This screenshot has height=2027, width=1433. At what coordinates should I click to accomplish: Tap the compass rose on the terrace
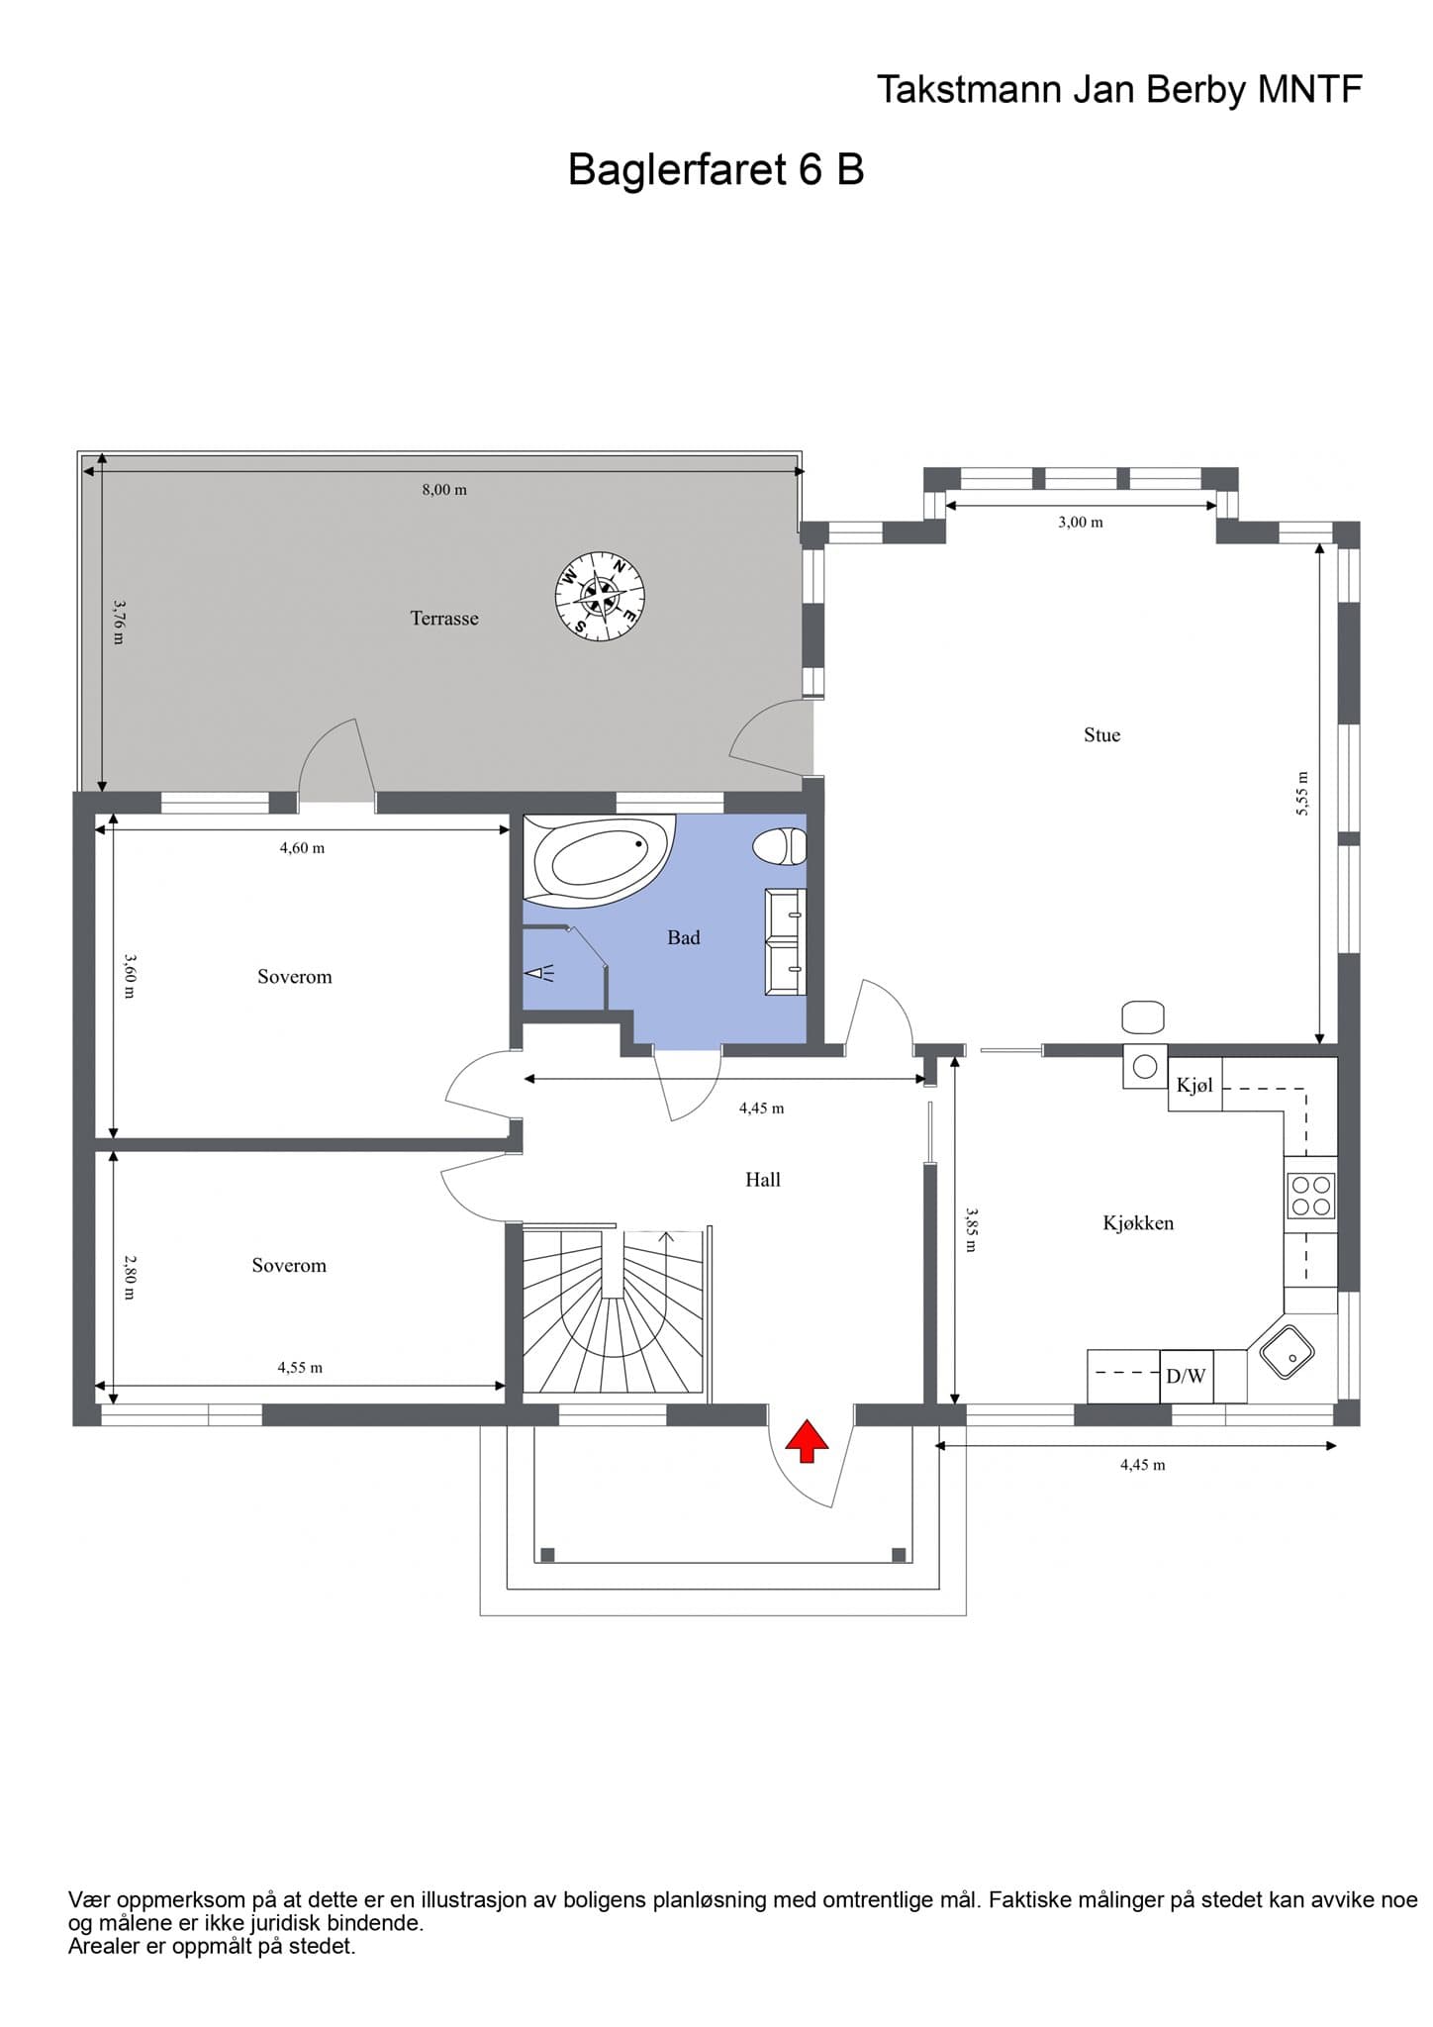[600, 595]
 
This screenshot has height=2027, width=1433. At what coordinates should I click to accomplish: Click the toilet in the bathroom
[781, 847]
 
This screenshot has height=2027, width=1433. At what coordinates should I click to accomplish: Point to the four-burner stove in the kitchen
[1311, 1196]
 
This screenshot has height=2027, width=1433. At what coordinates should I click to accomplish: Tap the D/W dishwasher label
[1186, 1376]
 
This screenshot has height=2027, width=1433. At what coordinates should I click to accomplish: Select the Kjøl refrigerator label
[1194, 1086]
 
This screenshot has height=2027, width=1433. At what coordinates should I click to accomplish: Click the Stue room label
[1101, 734]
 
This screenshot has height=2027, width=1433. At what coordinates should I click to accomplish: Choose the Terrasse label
[444, 619]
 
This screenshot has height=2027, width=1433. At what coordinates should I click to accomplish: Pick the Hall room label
[763, 1179]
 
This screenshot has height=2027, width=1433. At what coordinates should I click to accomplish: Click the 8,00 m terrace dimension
[444, 490]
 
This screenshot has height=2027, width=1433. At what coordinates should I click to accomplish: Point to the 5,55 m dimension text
[1302, 794]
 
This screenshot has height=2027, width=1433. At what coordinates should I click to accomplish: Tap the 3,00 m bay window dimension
[1080, 523]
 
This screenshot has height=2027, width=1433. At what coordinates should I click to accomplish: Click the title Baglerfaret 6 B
[716, 169]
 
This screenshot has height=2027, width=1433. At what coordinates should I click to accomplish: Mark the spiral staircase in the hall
[614, 1311]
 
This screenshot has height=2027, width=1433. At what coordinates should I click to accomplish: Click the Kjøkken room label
[1138, 1223]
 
